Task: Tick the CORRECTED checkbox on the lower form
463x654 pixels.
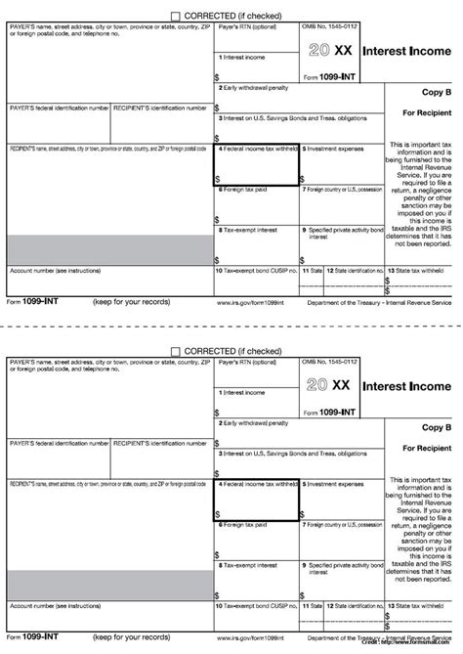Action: point(176,349)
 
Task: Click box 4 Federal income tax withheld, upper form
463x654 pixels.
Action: point(256,166)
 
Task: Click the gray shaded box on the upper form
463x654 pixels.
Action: point(109,249)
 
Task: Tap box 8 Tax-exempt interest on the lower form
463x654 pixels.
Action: point(256,577)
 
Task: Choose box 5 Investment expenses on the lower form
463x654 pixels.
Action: point(341,499)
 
